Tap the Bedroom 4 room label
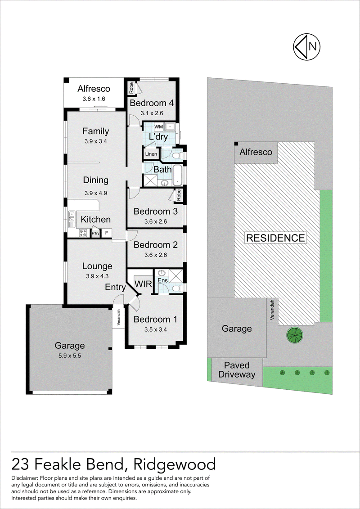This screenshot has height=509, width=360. [x=152, y=103]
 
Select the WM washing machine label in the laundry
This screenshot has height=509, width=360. [x=158, y=126]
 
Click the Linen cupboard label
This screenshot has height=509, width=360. [x=151, y=154]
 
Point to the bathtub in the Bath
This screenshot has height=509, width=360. [x=177, y=176]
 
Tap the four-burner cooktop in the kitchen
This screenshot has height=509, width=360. [x=83, y=233]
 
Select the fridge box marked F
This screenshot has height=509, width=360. [x=106, y=233]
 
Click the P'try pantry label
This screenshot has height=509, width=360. [x=95, y=234]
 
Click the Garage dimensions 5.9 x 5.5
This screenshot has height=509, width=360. [x=70, y=356]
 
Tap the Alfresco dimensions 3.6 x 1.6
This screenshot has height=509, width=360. [x=94, y=99]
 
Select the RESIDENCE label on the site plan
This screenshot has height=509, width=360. [x=275, y=238]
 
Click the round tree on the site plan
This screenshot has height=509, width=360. [x=294, y=335]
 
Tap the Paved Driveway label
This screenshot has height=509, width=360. [x=237, y=370]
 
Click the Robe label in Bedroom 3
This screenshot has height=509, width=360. [x=179, y=195]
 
